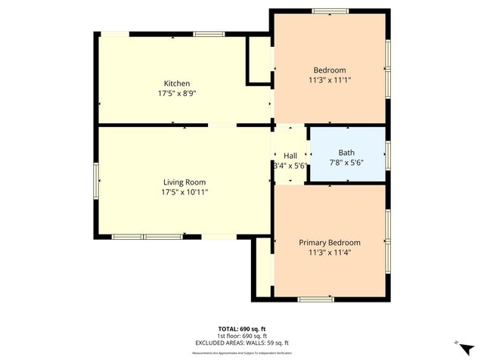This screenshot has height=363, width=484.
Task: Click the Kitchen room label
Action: (177, 83)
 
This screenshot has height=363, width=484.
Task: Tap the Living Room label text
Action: (185, 181)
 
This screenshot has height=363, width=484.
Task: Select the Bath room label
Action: (346, 152)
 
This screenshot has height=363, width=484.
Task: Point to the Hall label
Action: (290, 155)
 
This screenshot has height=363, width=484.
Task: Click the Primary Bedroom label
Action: (329, 242)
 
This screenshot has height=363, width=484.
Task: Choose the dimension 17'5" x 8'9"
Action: (177, 94)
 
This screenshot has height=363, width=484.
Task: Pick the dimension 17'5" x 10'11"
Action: (185, 192)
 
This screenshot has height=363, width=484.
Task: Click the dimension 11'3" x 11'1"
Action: (330, 79)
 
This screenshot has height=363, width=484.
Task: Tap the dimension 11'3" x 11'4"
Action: (329, 253)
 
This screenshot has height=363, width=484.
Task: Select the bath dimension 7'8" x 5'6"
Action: (346, 162)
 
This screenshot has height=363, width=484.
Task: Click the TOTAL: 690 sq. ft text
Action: (242, 328)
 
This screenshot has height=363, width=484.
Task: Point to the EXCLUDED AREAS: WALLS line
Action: (242, 343)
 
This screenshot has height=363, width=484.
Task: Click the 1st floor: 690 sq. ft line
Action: (242, 336)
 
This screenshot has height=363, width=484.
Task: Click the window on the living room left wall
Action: (96, 181)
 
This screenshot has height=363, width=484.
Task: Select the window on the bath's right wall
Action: (388, 154)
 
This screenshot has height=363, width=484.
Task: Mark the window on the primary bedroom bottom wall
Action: (315, 299)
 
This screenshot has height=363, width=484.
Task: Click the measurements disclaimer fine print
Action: (242, 352)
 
